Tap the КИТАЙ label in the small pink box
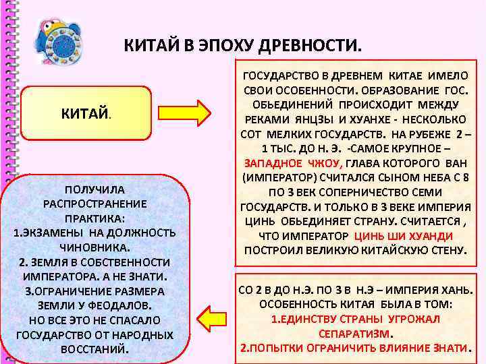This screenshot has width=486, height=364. tap(84, 113)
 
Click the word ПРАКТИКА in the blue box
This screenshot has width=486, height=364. tap(94, 218)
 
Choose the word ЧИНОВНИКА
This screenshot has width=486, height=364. tap(94, 247)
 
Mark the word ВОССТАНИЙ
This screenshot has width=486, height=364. tap(94, 349)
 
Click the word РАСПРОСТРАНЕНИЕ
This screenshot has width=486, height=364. tap(94, 204)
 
